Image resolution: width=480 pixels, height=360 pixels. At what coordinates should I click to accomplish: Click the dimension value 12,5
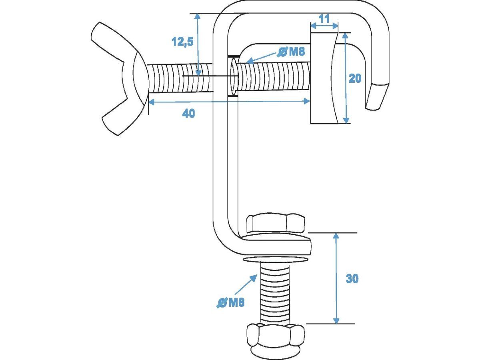pyautogui.click(x=182, y=42)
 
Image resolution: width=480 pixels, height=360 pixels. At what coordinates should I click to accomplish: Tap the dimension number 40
pyautogui.click(x=188, y=114)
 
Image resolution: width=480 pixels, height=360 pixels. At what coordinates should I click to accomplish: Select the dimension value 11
pyautogui.click(x=324, y=19)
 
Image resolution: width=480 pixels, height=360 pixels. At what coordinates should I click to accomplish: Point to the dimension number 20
pyautogui.click(x=355, y=78)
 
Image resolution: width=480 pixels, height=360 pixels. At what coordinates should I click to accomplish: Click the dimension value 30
pyautogui.click(x=352, y=278)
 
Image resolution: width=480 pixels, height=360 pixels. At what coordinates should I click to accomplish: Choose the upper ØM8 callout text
pyautogui.click(x=291, y=52)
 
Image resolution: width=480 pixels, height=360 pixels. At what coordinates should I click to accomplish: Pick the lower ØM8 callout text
pyautogui.click(x=230, y=303)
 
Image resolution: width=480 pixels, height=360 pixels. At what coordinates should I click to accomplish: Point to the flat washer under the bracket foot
pyautogui.click(x=276, y=260)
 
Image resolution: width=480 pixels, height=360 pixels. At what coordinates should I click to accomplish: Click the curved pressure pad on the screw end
pyautogui.click(x=324, y=78)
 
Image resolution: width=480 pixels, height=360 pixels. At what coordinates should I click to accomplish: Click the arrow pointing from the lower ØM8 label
pyautogui.click(x=245, y=284)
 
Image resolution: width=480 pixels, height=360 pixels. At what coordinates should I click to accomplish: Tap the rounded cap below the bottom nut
pyautogui.click(x=276, y=354)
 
